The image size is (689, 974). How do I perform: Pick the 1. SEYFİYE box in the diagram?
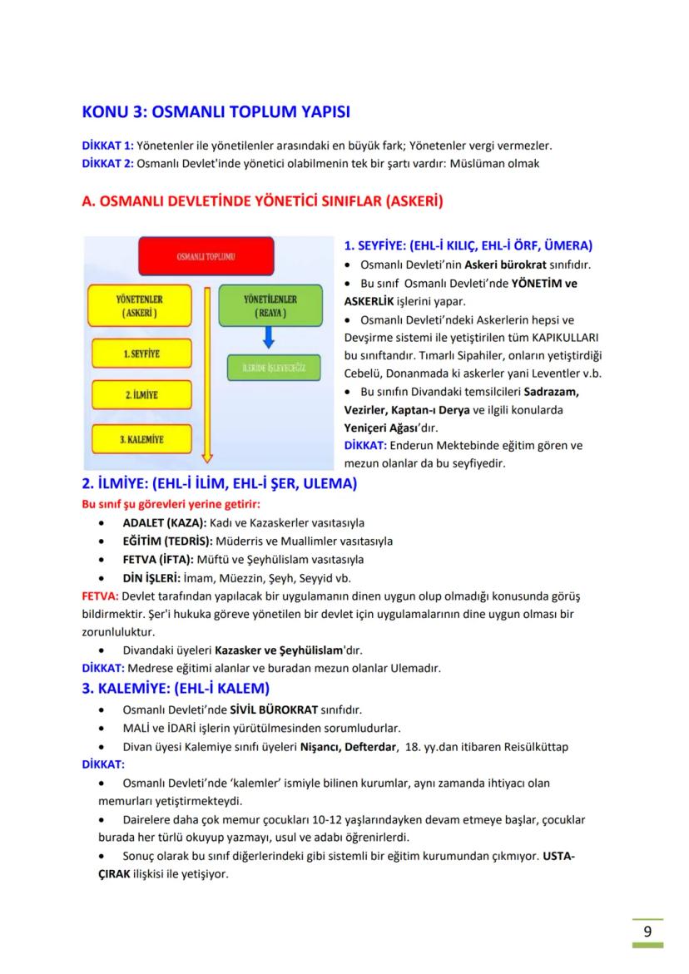(x=141, y=354)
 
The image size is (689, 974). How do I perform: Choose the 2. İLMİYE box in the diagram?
(x=141, y=394)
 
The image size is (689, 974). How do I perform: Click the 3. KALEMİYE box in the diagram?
(x=141, y=438)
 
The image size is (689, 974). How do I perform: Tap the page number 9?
(x=647, y=931)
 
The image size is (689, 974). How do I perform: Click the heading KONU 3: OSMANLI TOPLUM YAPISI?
(x=216, y=111)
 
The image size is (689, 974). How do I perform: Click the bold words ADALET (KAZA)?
(x=164, y=523)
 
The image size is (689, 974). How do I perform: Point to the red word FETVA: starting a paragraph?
(x=100, y=596)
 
